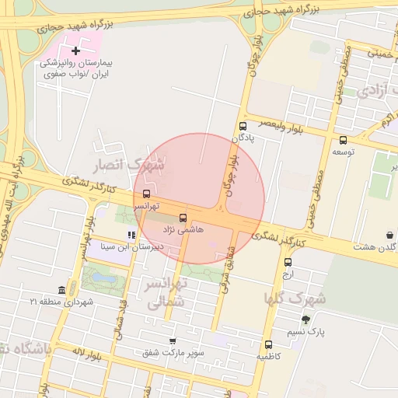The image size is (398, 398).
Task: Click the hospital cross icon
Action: pyautogui.click(x=75, y=51)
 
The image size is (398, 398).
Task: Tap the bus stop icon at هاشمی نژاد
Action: pyautogui.click(x=183, y=218)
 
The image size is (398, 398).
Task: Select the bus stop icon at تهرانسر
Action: pyautogui.click(x=146, y=194)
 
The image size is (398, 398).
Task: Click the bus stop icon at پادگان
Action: pyautogui.click(x=243, y=125)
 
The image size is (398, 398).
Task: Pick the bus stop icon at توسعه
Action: pyautogui.click(x=343, y=141)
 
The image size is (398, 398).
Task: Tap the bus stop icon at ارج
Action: pyautogui.click(x=288, y=262)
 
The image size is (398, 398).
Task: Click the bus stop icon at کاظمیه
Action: pyautogui.click(x=268, y=344)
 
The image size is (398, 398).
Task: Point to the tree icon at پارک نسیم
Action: pyautogui.click(x=305, y=319)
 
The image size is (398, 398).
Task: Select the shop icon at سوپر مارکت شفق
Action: pyautogui.click(x=173, y=341)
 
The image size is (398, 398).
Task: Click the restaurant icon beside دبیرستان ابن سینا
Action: pyautogui.click(x=131, y=235)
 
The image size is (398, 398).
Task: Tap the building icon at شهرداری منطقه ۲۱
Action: pyautogui.click(x=62, y=289)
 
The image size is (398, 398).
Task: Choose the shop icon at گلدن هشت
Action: pyautogui.click(x=389, y=235)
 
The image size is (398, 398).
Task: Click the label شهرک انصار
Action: pyautogui.click(x=130, y=166)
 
